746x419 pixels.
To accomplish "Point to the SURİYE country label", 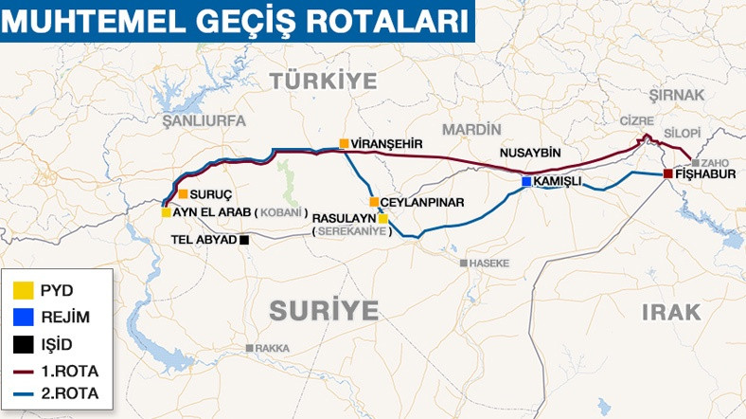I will (x=324, y=310).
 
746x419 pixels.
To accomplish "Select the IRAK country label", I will (x=670, y=312).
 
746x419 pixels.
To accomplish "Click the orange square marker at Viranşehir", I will (x=344, y=144).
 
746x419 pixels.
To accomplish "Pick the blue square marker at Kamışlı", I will (x=525, y=180).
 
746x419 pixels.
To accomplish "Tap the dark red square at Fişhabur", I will (x=667, y=174).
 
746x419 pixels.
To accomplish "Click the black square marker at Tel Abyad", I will (x=244, y=239).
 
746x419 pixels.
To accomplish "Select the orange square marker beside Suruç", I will (x=183, y=194).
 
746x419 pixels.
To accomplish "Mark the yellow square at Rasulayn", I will (x=383, y=218).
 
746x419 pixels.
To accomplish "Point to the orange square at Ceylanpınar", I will (x=374, y=202).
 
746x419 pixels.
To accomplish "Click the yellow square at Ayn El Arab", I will (x=166, y=212).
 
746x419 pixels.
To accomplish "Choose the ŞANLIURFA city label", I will (x=204, y=121).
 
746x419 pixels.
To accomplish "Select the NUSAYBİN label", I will (x=531, y=154).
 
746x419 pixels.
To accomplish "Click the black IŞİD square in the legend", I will (x=26, y=343).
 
